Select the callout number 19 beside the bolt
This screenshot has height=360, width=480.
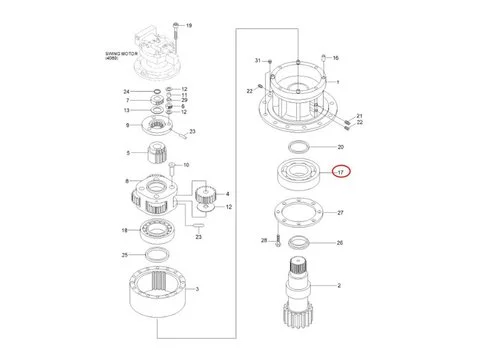pyautogui.click(x=190, y=24)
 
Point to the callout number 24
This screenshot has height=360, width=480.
pyautogui.click(x=127, y=92)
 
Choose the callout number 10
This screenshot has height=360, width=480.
pyautogui.click(x=185, y=164)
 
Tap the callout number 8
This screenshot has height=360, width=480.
pyautogui.click(x=127, y=181)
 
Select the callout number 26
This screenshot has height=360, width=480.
pyautogui.click(x=339, y=243)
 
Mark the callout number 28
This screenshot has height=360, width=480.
pyautogui.click(x=264, y=241)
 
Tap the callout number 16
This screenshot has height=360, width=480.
pyautogui.click(x=336, y=58)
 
